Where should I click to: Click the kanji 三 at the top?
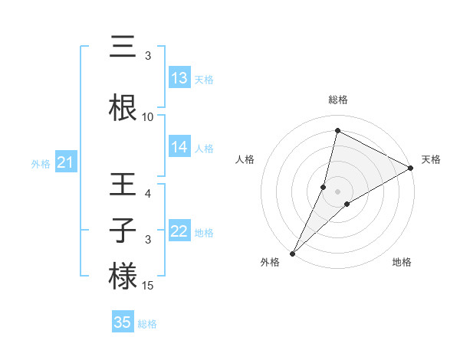click(123, 47)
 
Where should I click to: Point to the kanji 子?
click(123, 231)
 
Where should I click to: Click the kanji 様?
click(123, 276)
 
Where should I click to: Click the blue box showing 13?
click(179, 78)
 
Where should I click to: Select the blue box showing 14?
click(179, 148)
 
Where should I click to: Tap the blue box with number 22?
click(179, 231)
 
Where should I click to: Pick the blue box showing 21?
click(65, 163)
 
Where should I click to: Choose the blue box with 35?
click(123, 322)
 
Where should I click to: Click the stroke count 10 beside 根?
click(148, 117)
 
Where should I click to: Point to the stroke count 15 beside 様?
click(148, 286)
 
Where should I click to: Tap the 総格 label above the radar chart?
click(338, 100)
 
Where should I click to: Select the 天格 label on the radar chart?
click(431, 159)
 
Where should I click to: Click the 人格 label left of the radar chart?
click(245, 159)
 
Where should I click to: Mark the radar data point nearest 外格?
click(292, 253)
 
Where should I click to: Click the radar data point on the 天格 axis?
click(411, 168)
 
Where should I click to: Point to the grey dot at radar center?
click(338, 191)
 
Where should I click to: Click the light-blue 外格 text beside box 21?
click(41, 164)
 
